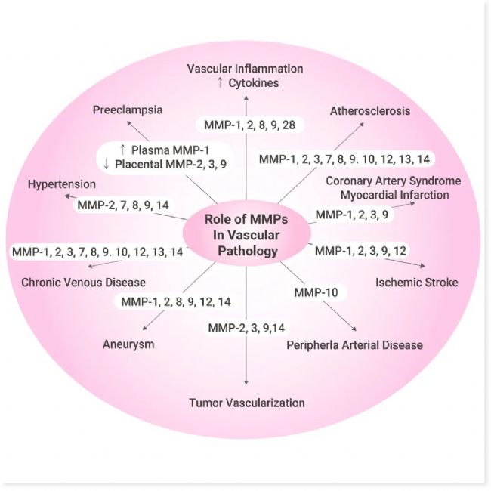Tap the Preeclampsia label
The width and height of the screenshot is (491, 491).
pyautogui.click(x=128, y=110)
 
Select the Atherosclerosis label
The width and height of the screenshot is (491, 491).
pyautogui.click(x=369, y=111)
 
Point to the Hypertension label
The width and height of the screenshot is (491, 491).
pyautogui.click(x=61, y=184)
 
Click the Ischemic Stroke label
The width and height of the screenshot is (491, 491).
pyautogui.click(x=406, y=283)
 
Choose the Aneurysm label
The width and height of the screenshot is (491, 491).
pyautogui.click(x=128, y=344)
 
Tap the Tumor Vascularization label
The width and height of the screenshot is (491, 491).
pyautogui.click(x=246, y=403)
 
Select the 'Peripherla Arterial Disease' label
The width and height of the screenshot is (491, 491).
pyautogui.click(x=354, y=345)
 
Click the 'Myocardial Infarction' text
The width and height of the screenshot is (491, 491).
pyautogui.click(x=388, y=195)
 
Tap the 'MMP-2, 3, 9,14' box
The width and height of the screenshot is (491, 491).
pyautogui.click(x=246, y=327)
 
